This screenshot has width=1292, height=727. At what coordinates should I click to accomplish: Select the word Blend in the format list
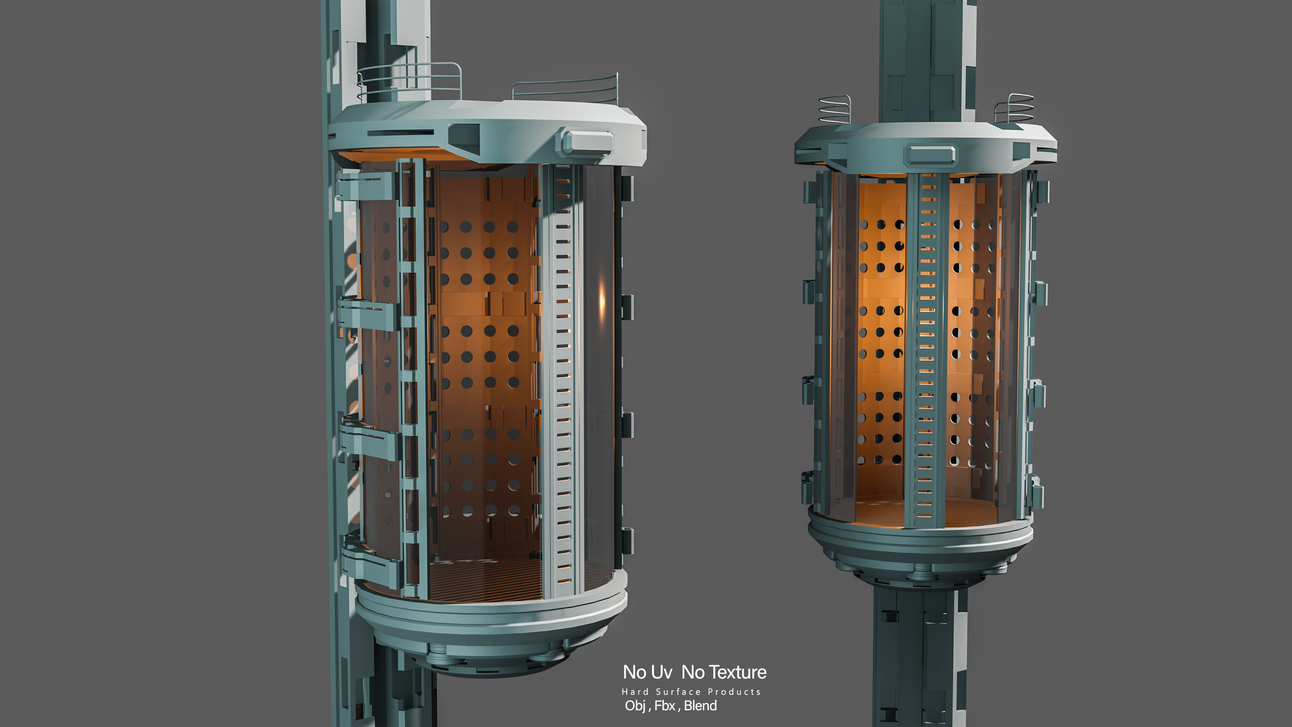tap(700, 705)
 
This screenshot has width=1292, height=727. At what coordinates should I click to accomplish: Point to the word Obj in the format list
tap(635, 705)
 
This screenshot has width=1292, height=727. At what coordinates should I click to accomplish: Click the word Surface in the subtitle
tap(678, 692)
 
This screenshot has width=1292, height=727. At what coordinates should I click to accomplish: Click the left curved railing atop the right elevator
tap(834, 109)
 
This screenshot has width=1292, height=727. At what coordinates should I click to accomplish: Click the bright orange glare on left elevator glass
tap(602, 301)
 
